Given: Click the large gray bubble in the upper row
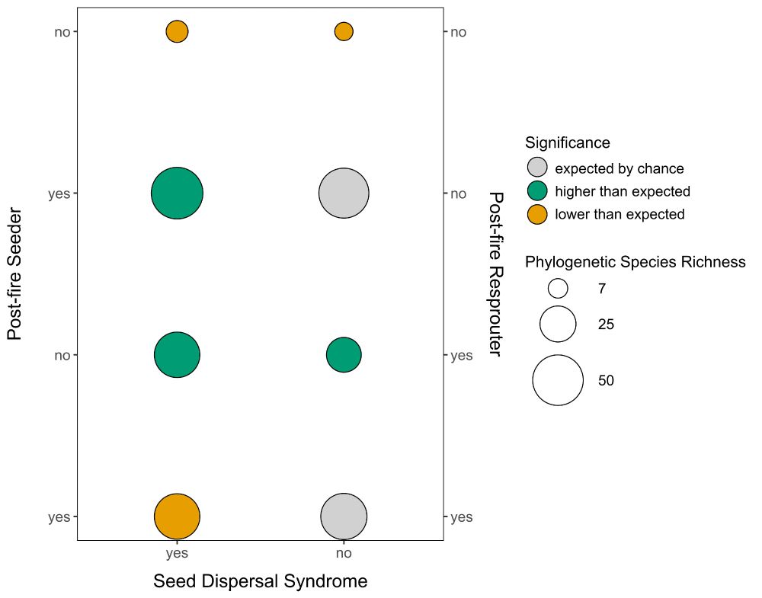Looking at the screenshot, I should click(344, 193).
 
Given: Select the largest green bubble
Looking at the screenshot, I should click(177, 193).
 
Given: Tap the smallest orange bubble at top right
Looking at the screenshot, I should click(344, 31).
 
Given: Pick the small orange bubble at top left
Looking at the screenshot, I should click(177, 31).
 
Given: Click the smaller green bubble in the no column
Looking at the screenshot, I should click(344, 354).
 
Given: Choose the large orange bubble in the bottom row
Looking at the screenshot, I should click(177, 516).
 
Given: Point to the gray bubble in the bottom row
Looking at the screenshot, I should click(344, 516).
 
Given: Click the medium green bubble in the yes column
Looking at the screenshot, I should click(177, 354).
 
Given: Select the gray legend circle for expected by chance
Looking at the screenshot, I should click(537, 168).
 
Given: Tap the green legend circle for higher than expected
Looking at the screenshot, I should click(537, 190).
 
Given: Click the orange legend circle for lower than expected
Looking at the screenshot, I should click(537, 214).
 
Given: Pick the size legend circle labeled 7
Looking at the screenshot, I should click(558, 288).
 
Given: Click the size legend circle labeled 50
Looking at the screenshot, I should click(558, 380).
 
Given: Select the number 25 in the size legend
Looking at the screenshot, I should click(606, 325).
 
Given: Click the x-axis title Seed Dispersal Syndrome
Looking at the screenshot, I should click(260, 581).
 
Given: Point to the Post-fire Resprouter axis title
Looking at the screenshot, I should click(496, 273).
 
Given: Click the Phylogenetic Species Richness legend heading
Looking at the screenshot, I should click(635, 263).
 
